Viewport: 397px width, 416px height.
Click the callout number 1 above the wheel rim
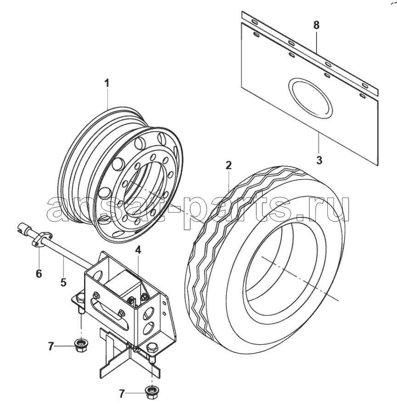coord(107,83)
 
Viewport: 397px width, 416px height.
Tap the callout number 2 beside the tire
coord(229,165)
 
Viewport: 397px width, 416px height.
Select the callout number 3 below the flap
coord(319,160)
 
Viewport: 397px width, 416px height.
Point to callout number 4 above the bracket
coord(138,250)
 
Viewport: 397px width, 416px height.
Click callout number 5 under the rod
coord(63,282)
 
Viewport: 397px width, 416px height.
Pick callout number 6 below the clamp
coord(39,273)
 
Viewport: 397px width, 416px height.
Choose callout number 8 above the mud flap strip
coord(316,25)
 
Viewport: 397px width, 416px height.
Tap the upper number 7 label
coord(51,347)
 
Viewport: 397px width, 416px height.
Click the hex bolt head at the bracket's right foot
coord(152,348)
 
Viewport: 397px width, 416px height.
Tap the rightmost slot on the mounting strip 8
coord(365,85)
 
